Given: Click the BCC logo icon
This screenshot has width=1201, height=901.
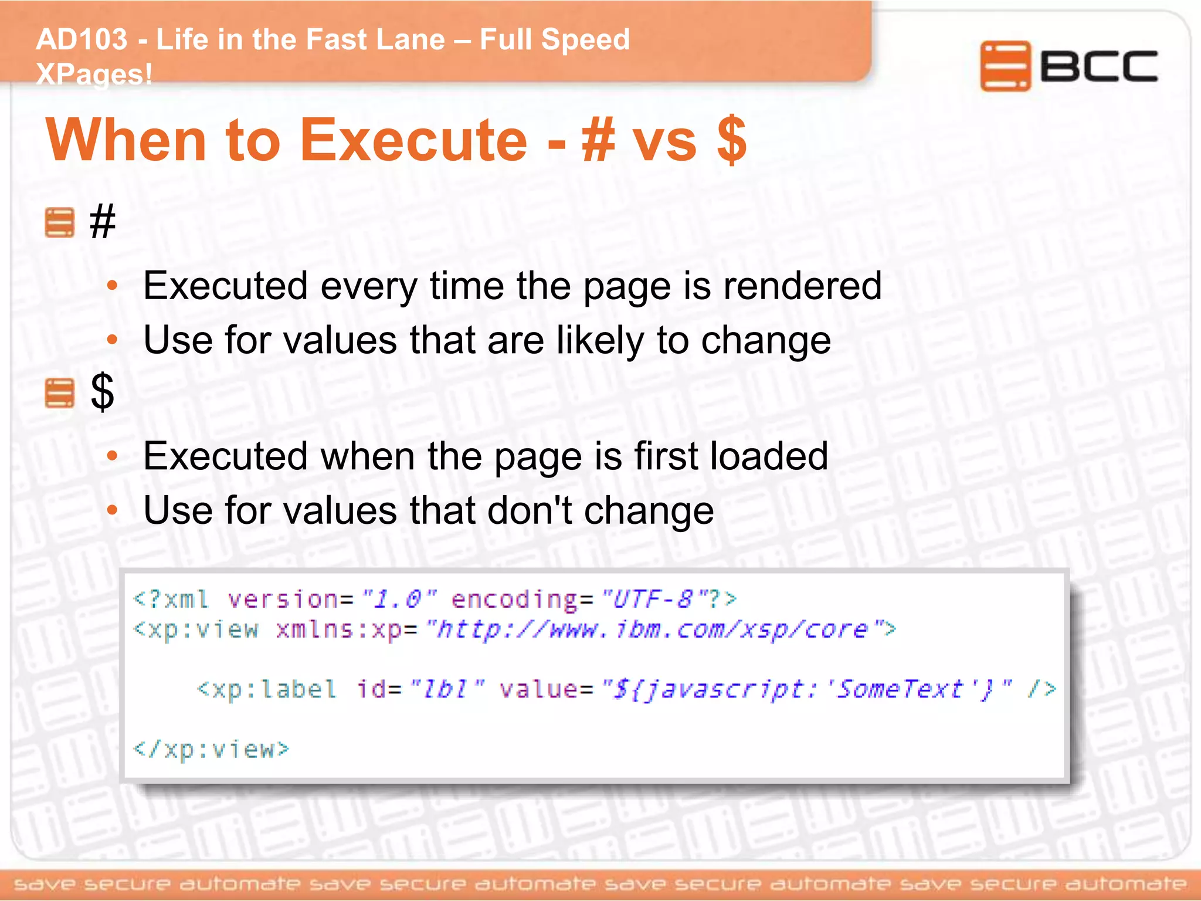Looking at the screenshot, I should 1005,66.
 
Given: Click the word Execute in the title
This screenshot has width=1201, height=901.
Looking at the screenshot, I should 413,140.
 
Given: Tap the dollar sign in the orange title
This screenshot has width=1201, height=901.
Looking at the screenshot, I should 731,140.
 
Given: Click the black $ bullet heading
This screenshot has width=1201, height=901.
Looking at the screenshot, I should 102,392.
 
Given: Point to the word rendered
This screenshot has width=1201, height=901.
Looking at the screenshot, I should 802,286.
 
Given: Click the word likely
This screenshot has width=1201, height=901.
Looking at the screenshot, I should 600,340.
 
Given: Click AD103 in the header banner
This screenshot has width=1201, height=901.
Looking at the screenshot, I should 82,40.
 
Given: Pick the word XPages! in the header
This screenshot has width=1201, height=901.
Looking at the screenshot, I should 94,74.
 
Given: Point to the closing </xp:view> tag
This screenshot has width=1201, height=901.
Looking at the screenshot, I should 211,749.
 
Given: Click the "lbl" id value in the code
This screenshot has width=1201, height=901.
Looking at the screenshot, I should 446,689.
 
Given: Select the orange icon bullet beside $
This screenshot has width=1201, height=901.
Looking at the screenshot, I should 60,393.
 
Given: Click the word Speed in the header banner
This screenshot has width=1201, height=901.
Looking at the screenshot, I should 585,40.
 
